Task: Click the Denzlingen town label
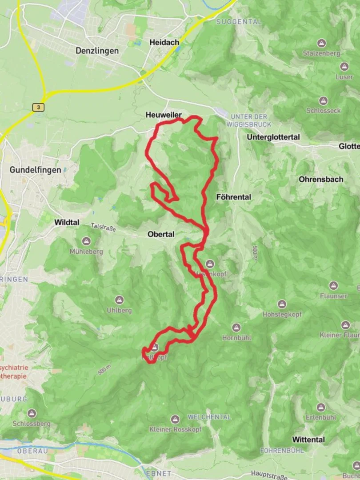coord(97,51)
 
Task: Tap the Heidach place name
coord(164,42)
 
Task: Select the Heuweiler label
coord(164,115)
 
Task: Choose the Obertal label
coord(161,234)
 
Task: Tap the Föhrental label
coord(233,196)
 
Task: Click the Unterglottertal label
coord(273,137)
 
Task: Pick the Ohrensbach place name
coord(321,179)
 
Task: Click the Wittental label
coord(308,439)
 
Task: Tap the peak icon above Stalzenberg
coord(321,43)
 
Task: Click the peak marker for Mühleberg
coord(86,241)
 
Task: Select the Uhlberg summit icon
coord(119,300)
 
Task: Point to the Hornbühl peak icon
coord(236,328)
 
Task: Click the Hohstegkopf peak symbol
coord(282,304)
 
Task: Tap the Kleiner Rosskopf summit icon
coord(175,419)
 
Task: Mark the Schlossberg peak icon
coord(32,413)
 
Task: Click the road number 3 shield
coord(38,107)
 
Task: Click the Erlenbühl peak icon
coord(321,407)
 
